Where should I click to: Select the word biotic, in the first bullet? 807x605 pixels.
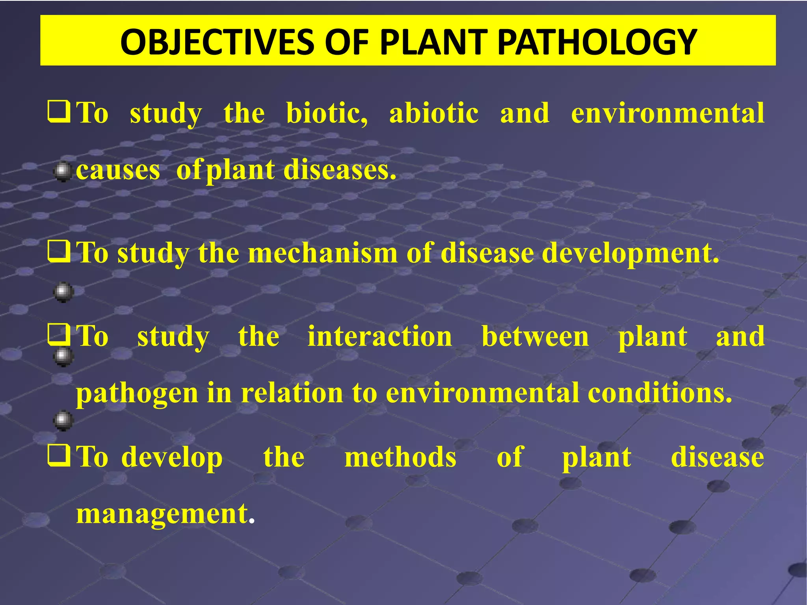(x=327, y=113)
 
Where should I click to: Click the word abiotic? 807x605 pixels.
(x=434, y=113)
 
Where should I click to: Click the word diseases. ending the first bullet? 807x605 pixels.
(x=340, y=170)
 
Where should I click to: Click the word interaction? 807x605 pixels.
(x=380, y=337)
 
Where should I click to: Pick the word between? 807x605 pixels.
(x=535, y=337)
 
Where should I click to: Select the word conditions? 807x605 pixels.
(x=660, y=393)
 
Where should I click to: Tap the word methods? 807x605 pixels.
(x=400, y=457)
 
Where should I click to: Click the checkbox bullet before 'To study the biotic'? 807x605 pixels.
(x=59, y=112)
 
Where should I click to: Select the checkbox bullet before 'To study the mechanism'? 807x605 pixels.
(x=59, y=252)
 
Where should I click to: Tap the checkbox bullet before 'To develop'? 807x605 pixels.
(x=59, y=456)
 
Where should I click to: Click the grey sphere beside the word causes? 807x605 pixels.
(x=62, y=172)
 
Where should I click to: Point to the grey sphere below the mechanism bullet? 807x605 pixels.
(x=63, y=292)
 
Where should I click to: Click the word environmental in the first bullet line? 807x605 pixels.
(x=668, y=113)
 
